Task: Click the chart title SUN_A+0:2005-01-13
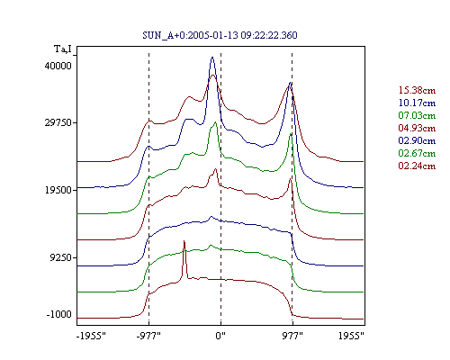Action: tap(190, 35)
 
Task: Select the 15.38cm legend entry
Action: tap(417, 90)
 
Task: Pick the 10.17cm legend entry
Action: tap(417, 103)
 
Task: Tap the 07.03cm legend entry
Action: tap(417, 115)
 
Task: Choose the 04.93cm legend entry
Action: tap(417, 128)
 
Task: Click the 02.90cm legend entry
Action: tap(417, 140)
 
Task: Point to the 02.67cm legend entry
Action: tap(417, 153)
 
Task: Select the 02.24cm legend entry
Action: tap(417, 166)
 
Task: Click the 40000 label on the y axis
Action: tap(58, 66)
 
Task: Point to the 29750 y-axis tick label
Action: tap(58, 123)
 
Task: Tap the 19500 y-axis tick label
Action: tap(58, 190)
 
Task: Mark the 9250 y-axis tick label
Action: tap(61, 257)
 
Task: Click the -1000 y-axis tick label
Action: tap(59, 314)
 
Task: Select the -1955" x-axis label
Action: tap(92, 336)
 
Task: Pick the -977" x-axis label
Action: tap(148, 336)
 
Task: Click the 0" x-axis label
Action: tap(220, 336)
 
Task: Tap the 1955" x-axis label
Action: tap(351, 336)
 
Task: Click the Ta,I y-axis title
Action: tap(63, 49)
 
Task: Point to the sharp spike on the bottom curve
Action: tap(184, 241)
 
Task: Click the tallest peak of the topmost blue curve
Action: tap(212, 57)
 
